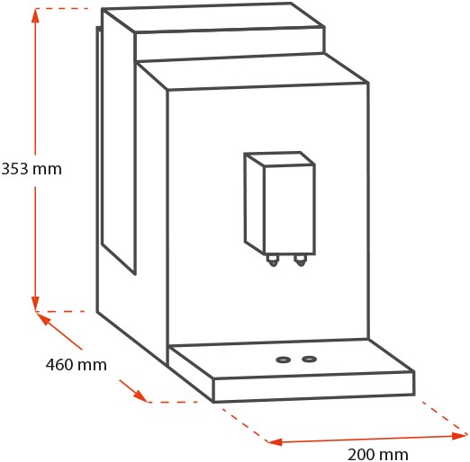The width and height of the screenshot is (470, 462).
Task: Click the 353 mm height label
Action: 32,169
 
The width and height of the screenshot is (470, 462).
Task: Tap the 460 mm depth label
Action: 77,365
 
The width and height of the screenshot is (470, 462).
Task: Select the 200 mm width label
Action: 378,455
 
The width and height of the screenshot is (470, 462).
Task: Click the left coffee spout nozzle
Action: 273,261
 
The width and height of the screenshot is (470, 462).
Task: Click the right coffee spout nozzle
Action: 300,261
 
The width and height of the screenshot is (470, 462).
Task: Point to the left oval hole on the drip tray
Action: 283,360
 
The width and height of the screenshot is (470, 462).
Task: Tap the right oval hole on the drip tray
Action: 309,359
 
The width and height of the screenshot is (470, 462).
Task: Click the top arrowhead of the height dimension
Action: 35,15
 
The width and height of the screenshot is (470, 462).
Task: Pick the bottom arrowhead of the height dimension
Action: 35,304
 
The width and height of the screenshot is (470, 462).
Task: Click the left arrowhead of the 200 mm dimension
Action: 275,441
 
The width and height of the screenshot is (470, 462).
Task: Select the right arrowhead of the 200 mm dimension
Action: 460,436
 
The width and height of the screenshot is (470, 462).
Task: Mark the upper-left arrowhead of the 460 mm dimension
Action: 43,318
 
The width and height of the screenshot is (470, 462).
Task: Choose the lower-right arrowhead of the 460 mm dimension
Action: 140,395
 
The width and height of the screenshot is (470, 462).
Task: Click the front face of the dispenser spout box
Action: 290,209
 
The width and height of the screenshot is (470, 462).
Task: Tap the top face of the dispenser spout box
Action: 279,158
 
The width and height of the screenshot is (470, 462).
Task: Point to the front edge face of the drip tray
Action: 314,386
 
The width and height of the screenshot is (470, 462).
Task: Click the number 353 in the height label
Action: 14,169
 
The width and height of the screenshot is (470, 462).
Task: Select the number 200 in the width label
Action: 361,455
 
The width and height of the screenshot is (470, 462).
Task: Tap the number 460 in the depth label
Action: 59,365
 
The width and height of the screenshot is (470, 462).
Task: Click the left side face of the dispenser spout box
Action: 254,204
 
